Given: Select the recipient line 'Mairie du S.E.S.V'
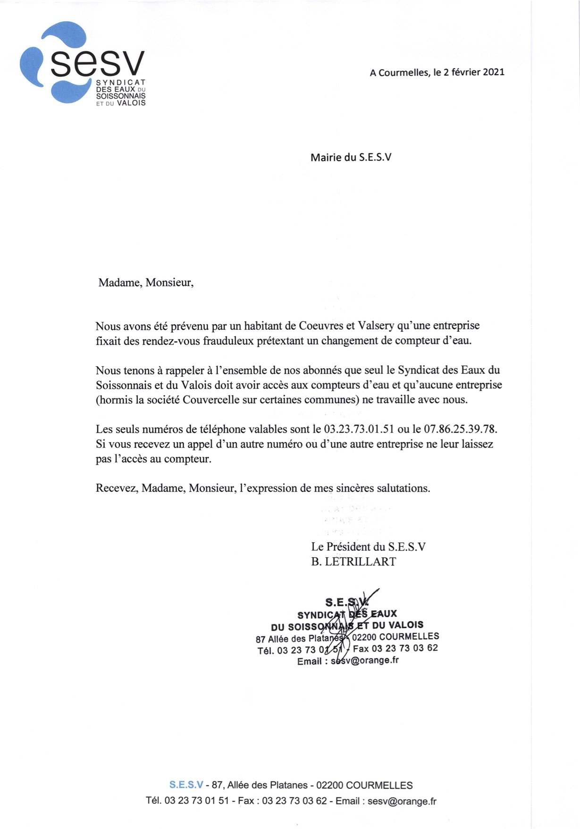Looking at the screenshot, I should click(x=351, y=158).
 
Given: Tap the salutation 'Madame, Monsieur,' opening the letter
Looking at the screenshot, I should click(x=146, y=283).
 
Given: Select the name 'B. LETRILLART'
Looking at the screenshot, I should click(x=353, y=561).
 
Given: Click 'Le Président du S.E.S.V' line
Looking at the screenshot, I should click(x=368, y=547).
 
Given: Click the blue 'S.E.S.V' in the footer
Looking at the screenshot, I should click(x=186, y=786).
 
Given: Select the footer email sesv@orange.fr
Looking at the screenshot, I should click(x=402, y=801).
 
